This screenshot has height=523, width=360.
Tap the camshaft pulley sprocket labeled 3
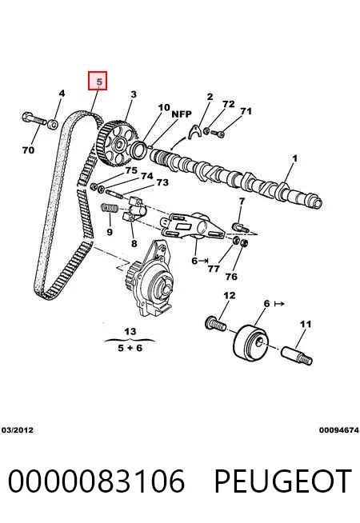[x=118, y=144]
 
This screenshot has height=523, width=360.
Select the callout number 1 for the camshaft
[x=294, y=158]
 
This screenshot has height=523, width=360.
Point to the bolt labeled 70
[x=34, y=119]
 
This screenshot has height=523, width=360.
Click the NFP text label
[x=182, y=114]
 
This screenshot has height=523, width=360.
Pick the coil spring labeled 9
[x=109, y=208]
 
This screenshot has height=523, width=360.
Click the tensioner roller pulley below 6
[x=250, y=343]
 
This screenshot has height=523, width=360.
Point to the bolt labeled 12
[x=215, y=323]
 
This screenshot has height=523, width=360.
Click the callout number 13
[x=130, y=332]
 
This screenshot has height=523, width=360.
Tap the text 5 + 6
[x=130, y=348]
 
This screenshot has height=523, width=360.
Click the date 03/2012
[x=18, y=430]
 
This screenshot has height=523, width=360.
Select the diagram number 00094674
[x=339, y=430]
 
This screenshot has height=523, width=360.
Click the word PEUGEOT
[x=282, y=481]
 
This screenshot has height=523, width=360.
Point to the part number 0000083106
[x=96, y=481]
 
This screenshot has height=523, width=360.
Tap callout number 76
[x=231, y=277]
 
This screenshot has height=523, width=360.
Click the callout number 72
[x=229, y=105]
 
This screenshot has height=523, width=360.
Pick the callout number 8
[x=134, y=243]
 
